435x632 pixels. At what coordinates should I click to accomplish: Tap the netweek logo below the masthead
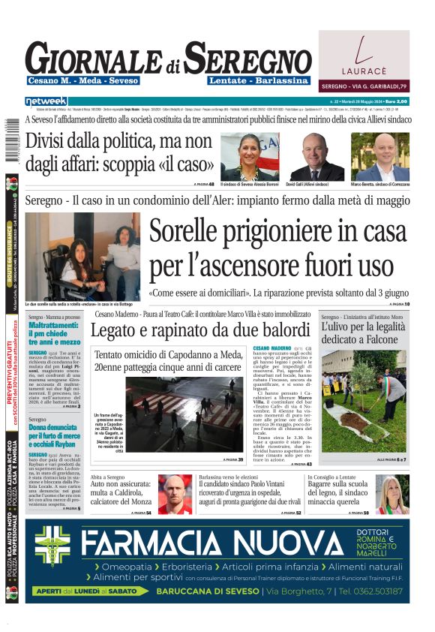[x=46, y=101]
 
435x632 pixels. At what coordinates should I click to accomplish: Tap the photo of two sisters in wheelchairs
[x=82, y=256]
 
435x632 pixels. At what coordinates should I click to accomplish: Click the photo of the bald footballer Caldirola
[x=175, y=493]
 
